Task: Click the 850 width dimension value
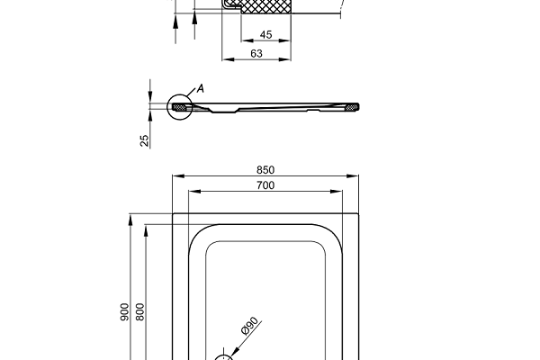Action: [265, 169]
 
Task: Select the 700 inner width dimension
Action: [265, 185]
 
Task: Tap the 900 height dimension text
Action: [124, 311]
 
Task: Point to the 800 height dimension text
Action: [139, 311]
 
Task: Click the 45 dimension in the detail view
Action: [265, 35]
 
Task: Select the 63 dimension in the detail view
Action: [256, 54]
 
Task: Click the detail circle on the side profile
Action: [180, 107]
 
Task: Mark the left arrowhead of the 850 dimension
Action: [175, 175]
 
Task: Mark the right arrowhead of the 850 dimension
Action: [356, 175]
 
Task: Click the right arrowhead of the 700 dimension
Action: [341, 192]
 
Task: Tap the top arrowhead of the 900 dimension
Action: [130, 217]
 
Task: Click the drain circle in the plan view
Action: [227, 356]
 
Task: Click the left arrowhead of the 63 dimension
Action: [226, 60]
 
